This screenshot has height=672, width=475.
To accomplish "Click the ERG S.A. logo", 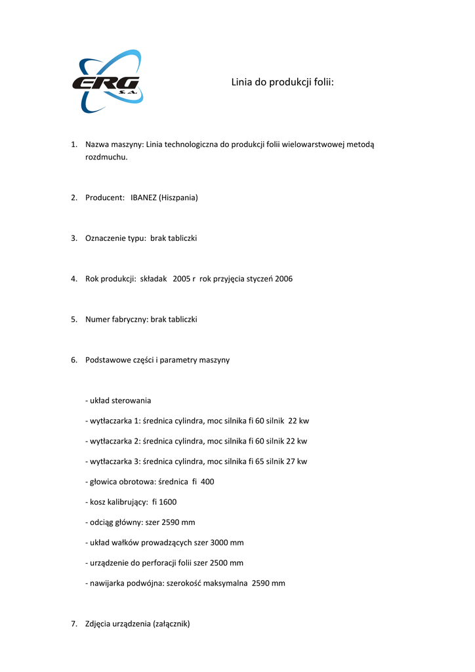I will (x=107, y=81).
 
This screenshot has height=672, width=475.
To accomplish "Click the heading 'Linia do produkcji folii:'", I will (x=283, y=83).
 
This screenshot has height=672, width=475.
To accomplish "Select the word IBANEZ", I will (x=144, y=198).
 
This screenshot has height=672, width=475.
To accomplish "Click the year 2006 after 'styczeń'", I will (x=283, y=279).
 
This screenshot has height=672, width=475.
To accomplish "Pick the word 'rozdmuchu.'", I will (x=106, y=157).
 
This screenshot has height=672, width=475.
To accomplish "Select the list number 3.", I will (x=74, y=238).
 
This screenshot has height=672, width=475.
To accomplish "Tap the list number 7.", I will (x=74, y=624).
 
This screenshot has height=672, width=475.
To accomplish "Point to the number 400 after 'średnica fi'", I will (x=207, y=482).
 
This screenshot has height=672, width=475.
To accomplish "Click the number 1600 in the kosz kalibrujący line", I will (x=167, y=502).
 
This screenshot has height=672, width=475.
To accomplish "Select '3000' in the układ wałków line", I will (x=219, y=543).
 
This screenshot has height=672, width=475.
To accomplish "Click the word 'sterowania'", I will (x=131, y=400).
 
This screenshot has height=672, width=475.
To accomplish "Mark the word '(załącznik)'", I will (x=171, y=624).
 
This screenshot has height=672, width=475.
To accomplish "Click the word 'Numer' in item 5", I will (x=96, y=320).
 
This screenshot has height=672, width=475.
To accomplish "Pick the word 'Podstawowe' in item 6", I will (x=106, y=360).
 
